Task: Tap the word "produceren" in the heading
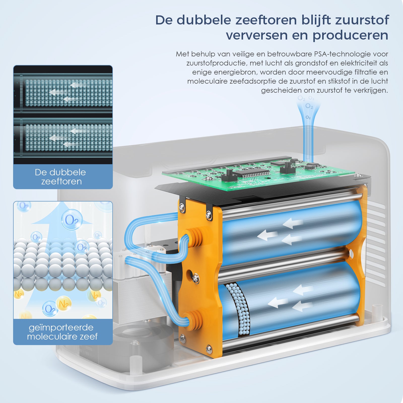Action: coord(350,35)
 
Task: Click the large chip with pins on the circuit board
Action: coord(252,174)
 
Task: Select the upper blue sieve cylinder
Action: coord(292,232)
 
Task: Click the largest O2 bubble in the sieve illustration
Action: coord(72,220)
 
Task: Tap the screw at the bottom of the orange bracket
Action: coord(209,348)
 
